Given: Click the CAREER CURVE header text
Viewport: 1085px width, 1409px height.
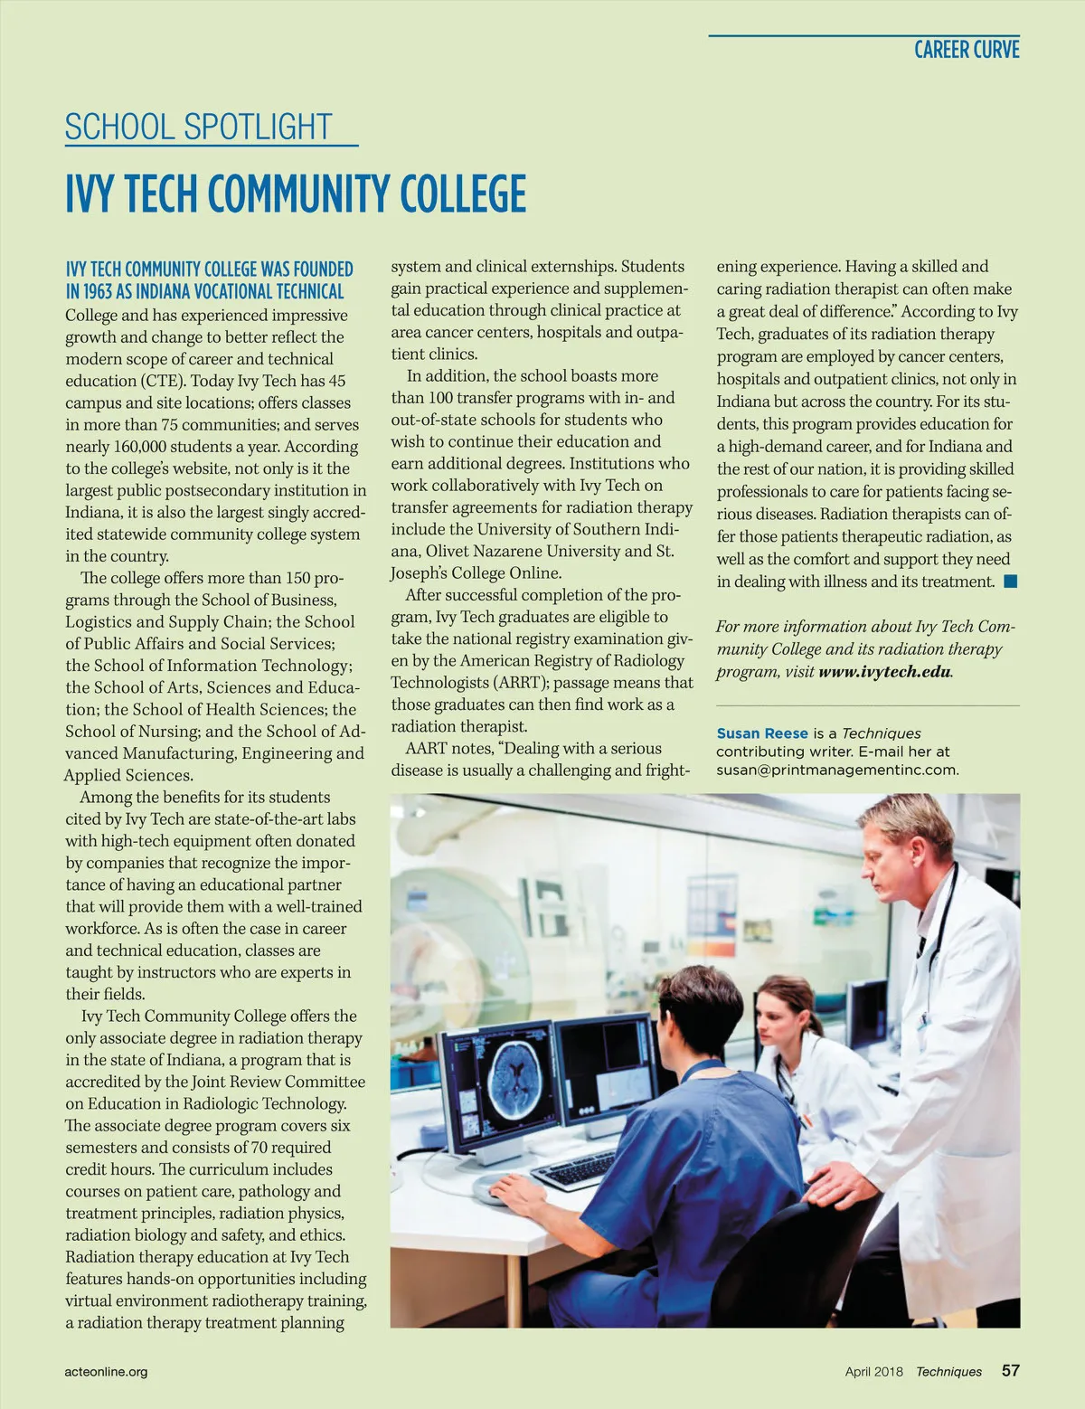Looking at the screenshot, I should [966, 50].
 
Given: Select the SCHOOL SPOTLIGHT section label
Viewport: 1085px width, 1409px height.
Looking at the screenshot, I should [199, 128].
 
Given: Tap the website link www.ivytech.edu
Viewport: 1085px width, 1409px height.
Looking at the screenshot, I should [883, 672].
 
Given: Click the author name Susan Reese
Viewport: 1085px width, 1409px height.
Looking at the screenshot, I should [761, 733].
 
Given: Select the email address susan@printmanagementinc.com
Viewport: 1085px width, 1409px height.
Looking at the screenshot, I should [836, 770].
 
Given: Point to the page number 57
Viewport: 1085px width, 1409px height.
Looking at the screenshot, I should [1010, 1370].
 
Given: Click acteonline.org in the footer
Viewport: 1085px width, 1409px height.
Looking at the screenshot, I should [106, 1371].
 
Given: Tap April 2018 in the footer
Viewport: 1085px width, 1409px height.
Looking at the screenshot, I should [873, 1371].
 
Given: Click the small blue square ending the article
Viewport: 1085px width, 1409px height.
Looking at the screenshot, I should [1011, 582].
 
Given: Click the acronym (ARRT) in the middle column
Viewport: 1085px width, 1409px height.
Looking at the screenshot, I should [517, 683].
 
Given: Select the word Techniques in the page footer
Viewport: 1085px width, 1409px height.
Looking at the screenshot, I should [948, 1371].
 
